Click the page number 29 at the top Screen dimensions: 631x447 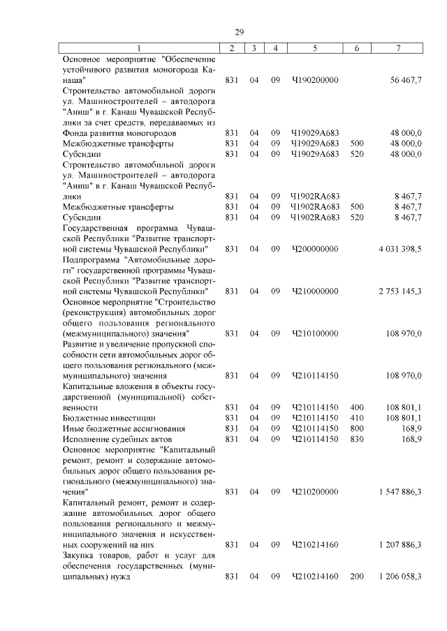[x=239, y=33]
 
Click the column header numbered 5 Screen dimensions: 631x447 [x=315, y=48]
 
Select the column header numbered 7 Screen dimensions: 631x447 [x=397, y=48]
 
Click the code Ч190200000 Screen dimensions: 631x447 [x=315, y=80]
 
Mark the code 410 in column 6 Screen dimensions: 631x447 [x=357, y=418]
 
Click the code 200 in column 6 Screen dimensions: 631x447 [x=357, y=577]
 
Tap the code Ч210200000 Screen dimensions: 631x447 [x=315, y=492]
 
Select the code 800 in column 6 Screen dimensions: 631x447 [x=357, y=428]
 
